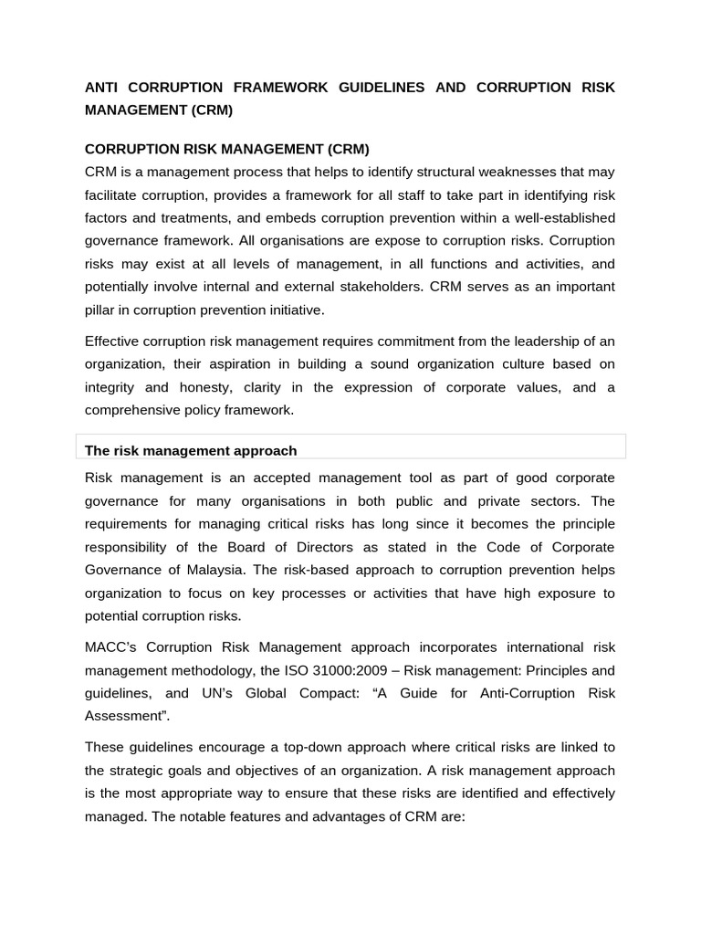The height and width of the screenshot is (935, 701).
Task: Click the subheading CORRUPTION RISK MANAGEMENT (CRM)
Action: coord(226,149)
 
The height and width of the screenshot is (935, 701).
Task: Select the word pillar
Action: coord(100,310)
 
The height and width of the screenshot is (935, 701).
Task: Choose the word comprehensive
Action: coord(134,410)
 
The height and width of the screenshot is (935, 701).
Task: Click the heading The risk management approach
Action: coord(191,450)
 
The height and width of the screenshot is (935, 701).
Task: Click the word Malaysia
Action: coord(214,570)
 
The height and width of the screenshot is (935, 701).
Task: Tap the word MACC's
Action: coord(110,647)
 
